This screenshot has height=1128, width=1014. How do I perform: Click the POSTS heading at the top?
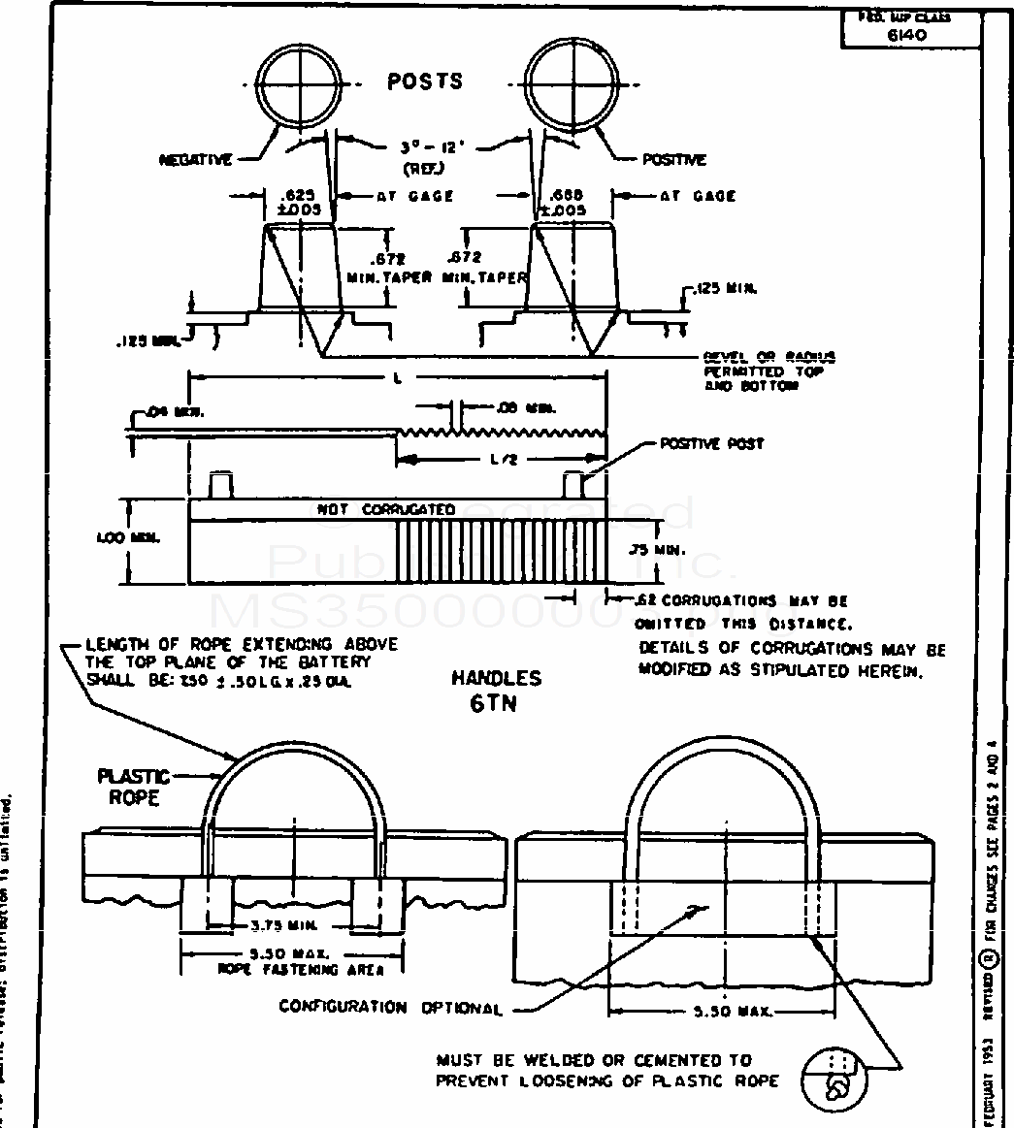pos(425,81)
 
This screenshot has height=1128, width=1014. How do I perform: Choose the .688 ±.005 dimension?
pos(565,202)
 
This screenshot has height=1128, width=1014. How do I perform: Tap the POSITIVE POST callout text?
pos(712,443)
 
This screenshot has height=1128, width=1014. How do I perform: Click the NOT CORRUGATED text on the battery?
pos(387,509)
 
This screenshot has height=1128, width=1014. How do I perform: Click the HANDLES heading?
pos(496,679)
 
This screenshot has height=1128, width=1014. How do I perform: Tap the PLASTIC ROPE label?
pos(133,787)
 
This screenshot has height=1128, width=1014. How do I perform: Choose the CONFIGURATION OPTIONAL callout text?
pos(392,1008)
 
